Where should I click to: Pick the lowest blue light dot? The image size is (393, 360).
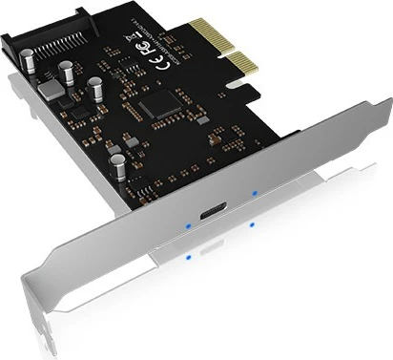(x=191, y=256)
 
